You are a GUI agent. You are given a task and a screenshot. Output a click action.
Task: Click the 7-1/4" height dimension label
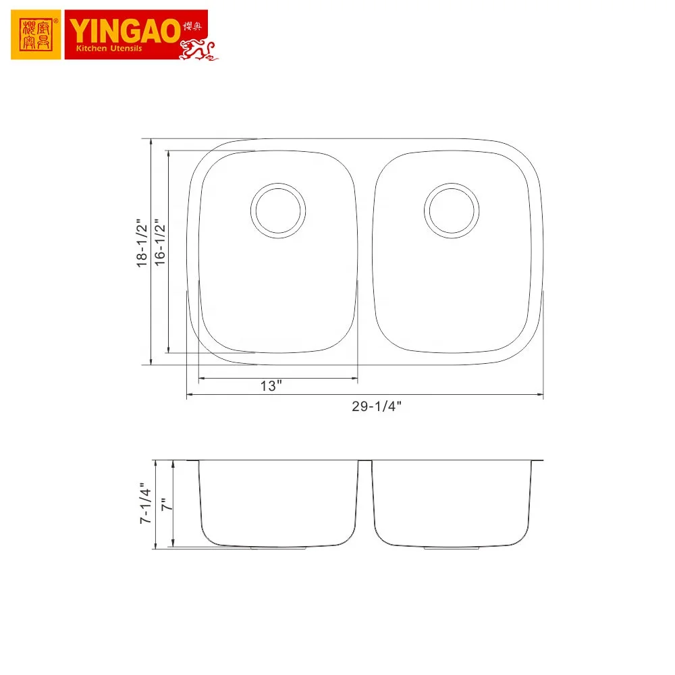click(143, 504)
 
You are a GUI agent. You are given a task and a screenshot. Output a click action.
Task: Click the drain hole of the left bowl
click(278, 209)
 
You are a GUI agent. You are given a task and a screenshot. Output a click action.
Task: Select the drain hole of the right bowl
click(452, 209)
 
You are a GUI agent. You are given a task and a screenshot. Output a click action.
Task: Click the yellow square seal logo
click(36, 35)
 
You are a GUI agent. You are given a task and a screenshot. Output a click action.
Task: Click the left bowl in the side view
click(278, 503)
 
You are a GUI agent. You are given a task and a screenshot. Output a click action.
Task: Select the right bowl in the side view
click(452, 503)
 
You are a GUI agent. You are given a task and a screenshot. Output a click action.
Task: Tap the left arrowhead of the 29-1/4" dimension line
click(190, 395)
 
